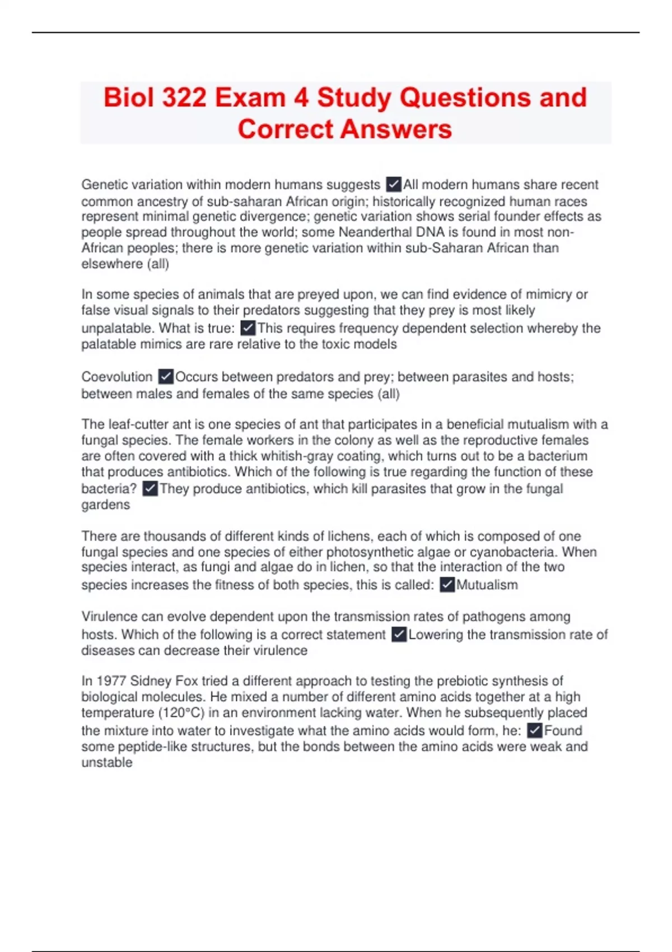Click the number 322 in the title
pos(184,97)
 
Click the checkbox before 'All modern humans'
pos(394,184)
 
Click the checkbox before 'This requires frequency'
pos(248,328)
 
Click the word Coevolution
pos(116,377)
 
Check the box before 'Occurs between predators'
pos(166,377)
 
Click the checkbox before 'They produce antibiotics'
pos(150,489)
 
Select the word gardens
pos(105,505)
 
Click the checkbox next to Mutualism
pos(447,585)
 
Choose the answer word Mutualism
pos(487,585)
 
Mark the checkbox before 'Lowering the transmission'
pos(399,634)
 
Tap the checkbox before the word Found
pos(535,731)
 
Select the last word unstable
pos(106,763)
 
